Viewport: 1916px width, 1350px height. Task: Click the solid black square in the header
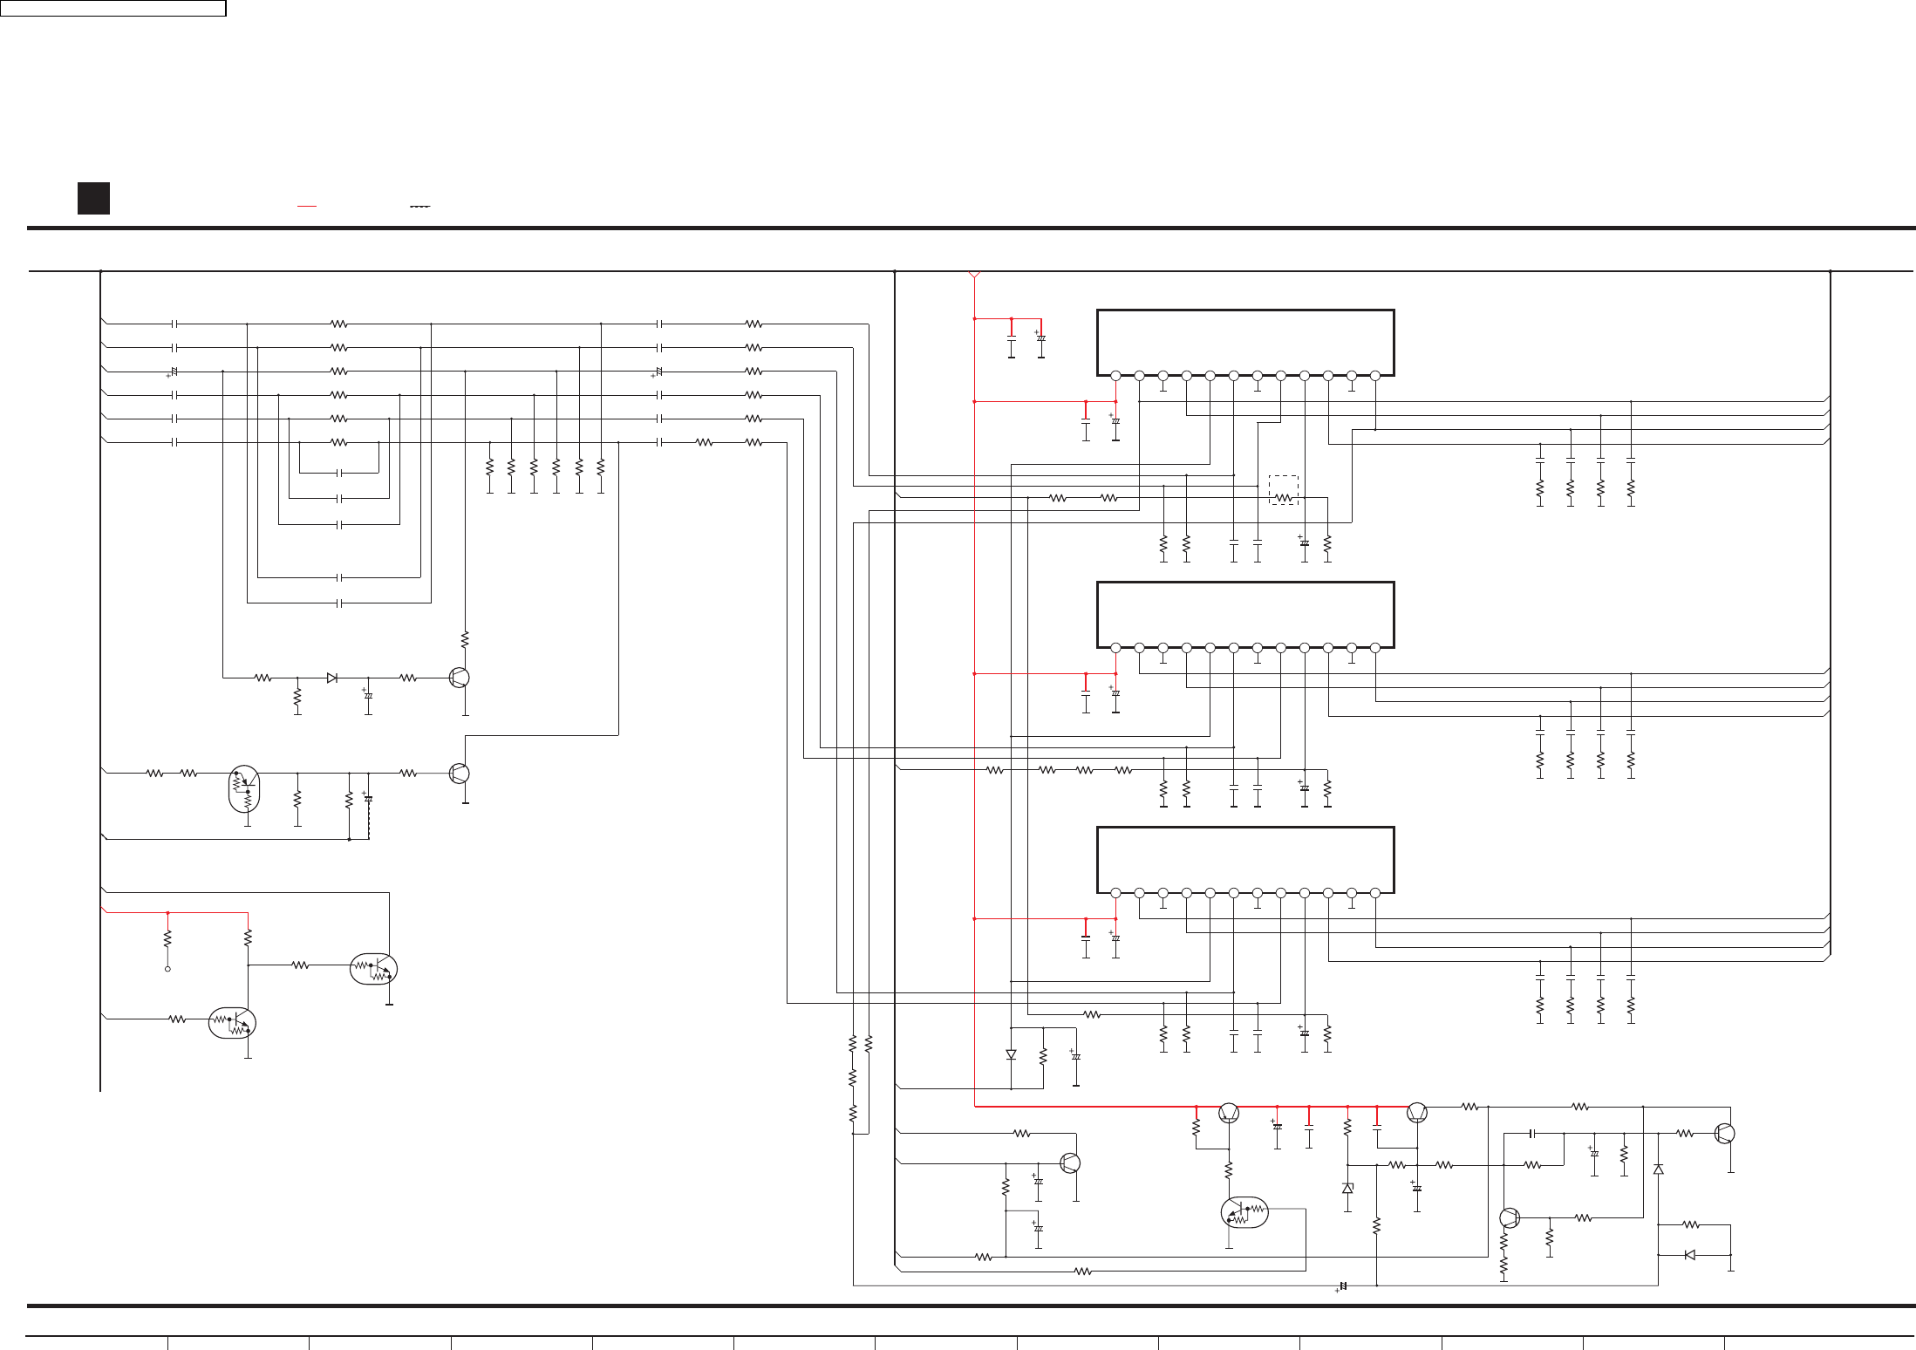pos(93,198)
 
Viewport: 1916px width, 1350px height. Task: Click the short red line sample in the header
pos(306,207)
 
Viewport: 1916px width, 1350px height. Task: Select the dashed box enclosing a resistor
pos(1283,490)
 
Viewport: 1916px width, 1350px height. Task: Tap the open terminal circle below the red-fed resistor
pos(167,968)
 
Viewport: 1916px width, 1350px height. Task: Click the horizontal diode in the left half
pos(331,678)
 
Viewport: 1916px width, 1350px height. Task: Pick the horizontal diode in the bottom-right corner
pos(1690,1255)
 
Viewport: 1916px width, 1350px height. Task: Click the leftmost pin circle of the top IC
pos(1115,376)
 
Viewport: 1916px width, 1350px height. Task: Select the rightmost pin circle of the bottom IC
pos(1375,893)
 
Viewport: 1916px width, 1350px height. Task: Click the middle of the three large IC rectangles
pos(1245,615)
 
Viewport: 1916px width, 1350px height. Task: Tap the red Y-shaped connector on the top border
pos(974,276)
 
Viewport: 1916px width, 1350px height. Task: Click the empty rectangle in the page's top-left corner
pos(113,9)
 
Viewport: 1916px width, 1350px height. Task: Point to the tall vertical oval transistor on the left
pos(244,789)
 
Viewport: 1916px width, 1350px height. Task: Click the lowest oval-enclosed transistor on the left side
pos(232,1022)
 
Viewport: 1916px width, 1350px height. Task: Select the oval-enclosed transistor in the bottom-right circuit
pos(1244,1212)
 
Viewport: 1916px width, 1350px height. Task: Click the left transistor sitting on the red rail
pos(1229,1113)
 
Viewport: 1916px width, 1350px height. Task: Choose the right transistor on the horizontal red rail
pos(1416,1113)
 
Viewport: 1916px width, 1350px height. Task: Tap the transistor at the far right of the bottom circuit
pos(1724,1134)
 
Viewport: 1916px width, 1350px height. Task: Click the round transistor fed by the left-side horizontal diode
pos(459,678)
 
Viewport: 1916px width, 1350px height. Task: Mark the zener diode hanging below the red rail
pos(1347,1188)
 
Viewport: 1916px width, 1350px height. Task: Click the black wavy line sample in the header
pos(419,207)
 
